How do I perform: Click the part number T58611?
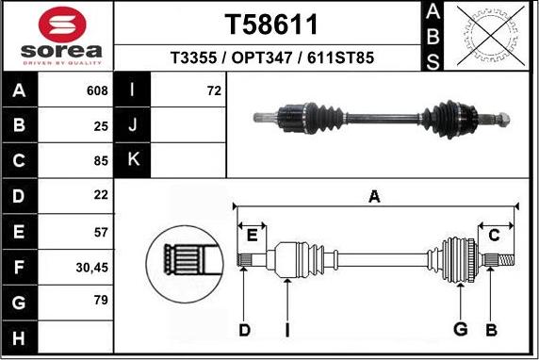point(271,24)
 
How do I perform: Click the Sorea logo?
point(58,37)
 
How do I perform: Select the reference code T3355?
point(194,58)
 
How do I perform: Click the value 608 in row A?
point(96,91)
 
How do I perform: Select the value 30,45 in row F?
point(91,268)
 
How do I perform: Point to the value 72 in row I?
point(213,91)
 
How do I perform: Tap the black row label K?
point(133,160)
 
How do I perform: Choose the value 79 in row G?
point(100,303)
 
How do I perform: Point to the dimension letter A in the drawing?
point(374,197)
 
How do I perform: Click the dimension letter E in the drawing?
point(252,236)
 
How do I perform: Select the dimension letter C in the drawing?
point(494,236)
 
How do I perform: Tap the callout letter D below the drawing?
point(244,329)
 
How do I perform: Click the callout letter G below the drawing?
point(461,329)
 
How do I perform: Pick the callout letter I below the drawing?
point(287,329)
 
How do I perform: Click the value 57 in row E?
point(100,232)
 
